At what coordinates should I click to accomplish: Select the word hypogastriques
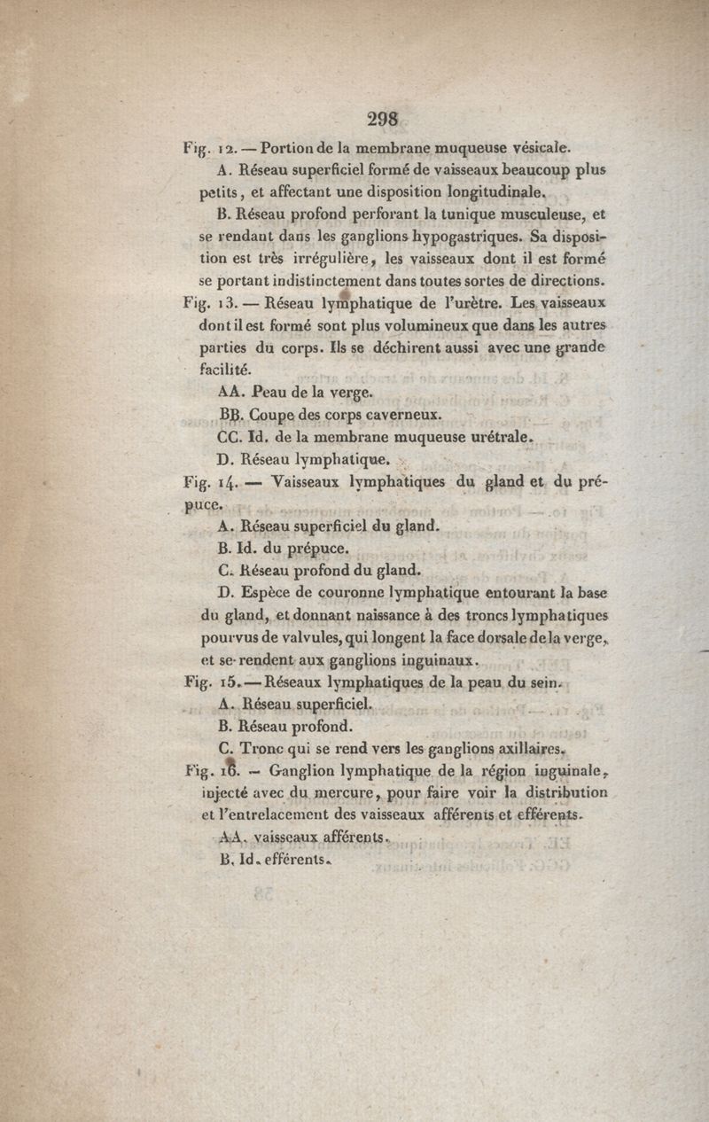point(466,237)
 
